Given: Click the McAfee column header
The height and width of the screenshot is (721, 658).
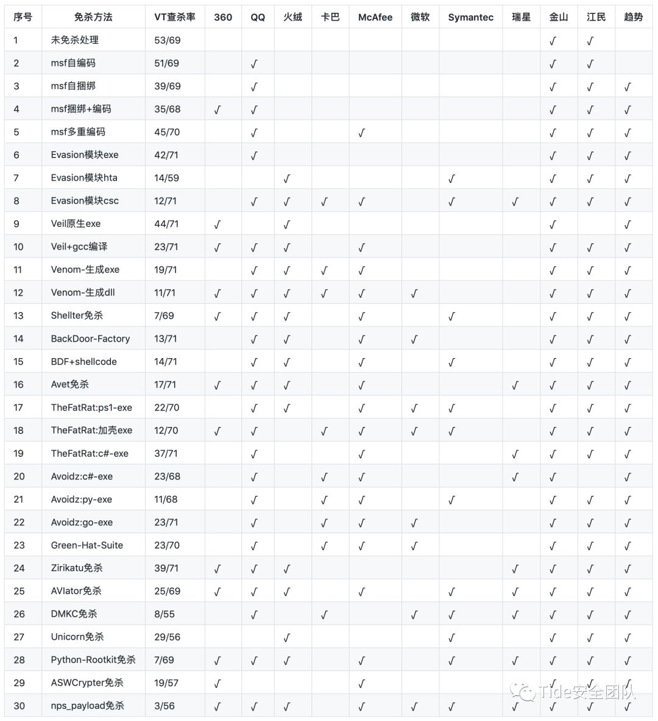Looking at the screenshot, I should click(x=375, y=17).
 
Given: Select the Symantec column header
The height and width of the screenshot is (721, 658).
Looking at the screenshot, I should click(x=470, y=17).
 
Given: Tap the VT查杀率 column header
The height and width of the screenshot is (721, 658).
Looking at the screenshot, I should click(x=175, y=17).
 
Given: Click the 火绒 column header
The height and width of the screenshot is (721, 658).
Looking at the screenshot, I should click(x=292, y=17).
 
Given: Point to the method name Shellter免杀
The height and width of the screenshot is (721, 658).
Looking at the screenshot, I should click(x=77, y=315).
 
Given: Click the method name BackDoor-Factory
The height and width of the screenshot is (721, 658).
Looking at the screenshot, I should click(x=90, y=339).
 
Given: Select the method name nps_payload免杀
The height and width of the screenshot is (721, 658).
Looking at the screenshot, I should click(x=87, y=706).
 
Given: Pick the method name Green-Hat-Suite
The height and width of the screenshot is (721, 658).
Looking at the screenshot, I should click(x=87, y=545).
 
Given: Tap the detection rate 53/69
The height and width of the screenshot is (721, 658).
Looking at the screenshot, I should click(x=167, y=40).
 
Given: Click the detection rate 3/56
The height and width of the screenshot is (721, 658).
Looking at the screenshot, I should click(x=164, y=706).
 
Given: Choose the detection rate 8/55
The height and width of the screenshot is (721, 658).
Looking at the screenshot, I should click(x=164, y=614).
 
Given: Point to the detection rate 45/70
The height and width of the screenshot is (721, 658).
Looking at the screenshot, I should click(x=167, y=132).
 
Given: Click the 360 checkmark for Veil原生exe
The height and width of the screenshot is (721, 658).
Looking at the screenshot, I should click(x=218, y=224).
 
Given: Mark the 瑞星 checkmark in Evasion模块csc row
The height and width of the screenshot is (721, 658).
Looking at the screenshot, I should click(x=515, y=201).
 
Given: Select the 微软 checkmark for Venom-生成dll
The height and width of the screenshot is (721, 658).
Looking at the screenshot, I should click(x=414, y=293).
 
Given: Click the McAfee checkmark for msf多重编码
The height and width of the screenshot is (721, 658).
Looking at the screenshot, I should click(x=362, y=132).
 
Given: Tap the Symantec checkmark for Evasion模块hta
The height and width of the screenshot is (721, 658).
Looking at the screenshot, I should click(x=451, y=179).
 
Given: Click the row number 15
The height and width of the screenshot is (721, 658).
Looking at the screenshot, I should click(x=18, y=362).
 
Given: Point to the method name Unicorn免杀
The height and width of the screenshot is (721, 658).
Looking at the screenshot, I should click(x=77, y=637).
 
